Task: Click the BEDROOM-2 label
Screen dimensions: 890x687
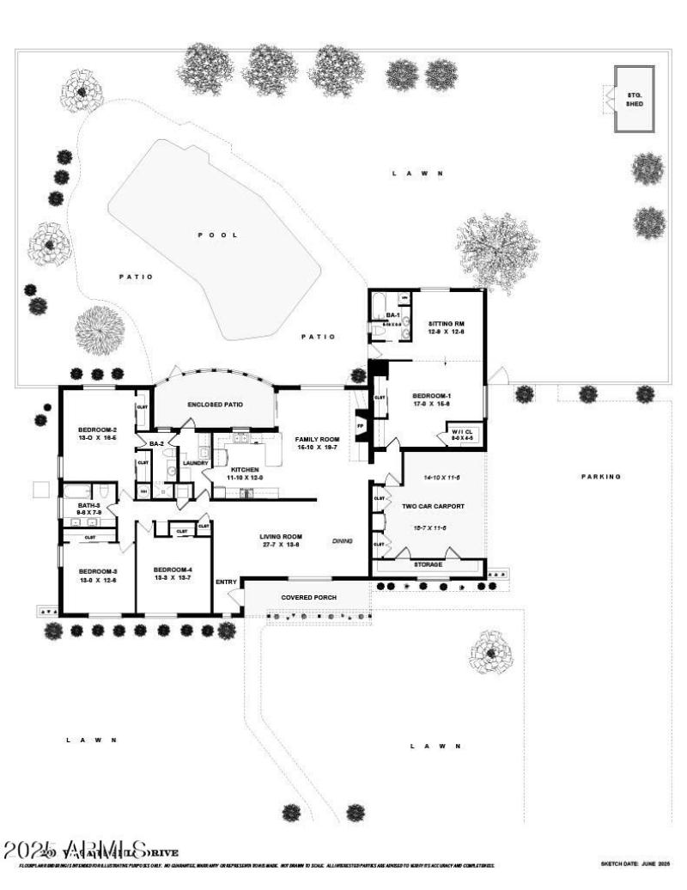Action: pyautogui.click(x=97, y=430)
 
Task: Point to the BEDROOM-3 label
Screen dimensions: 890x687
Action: pyautogui.click(x=97, y=571)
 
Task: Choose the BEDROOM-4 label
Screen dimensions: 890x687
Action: pyautogui.click(x=173, y=570)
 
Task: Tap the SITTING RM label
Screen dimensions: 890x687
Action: pyautogui.click(x=447, y=324)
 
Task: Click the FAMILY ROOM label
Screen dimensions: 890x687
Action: pyautogui.click(x=317, y=438)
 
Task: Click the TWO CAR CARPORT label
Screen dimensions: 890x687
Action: pyautogui.click(x=433, y=506)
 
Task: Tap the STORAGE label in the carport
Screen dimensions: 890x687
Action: pyautogui.click(x=428, y=564)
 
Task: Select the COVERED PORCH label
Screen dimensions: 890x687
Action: pyautogui.click(x=308, y=597)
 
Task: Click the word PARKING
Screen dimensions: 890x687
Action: pyautogui.click(x=600, y=476)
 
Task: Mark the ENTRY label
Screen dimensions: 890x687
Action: pyautogui.click(x=226, y=582)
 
